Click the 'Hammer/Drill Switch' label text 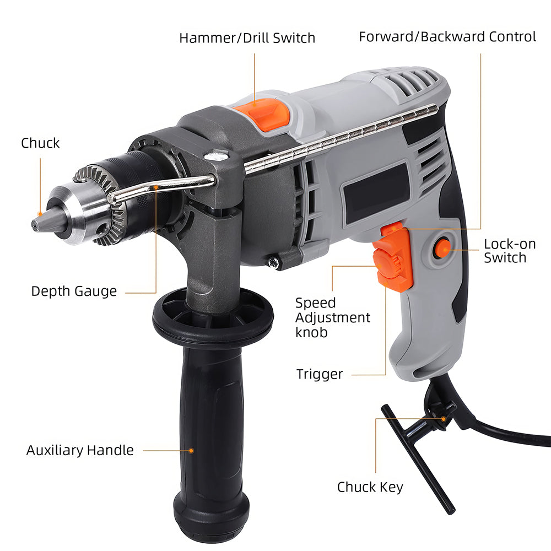pos(247,38)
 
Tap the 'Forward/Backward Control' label pos(447,37)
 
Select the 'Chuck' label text pos(40,143)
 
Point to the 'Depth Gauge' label pos(74,291)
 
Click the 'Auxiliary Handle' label pos(80,450)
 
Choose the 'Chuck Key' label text pos(370,487)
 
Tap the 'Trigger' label pos(320,375)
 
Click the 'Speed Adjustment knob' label pos(332,317)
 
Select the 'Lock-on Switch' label pos(509,251)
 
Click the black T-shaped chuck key pos(419,457)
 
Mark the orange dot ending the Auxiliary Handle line pos(191,451)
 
